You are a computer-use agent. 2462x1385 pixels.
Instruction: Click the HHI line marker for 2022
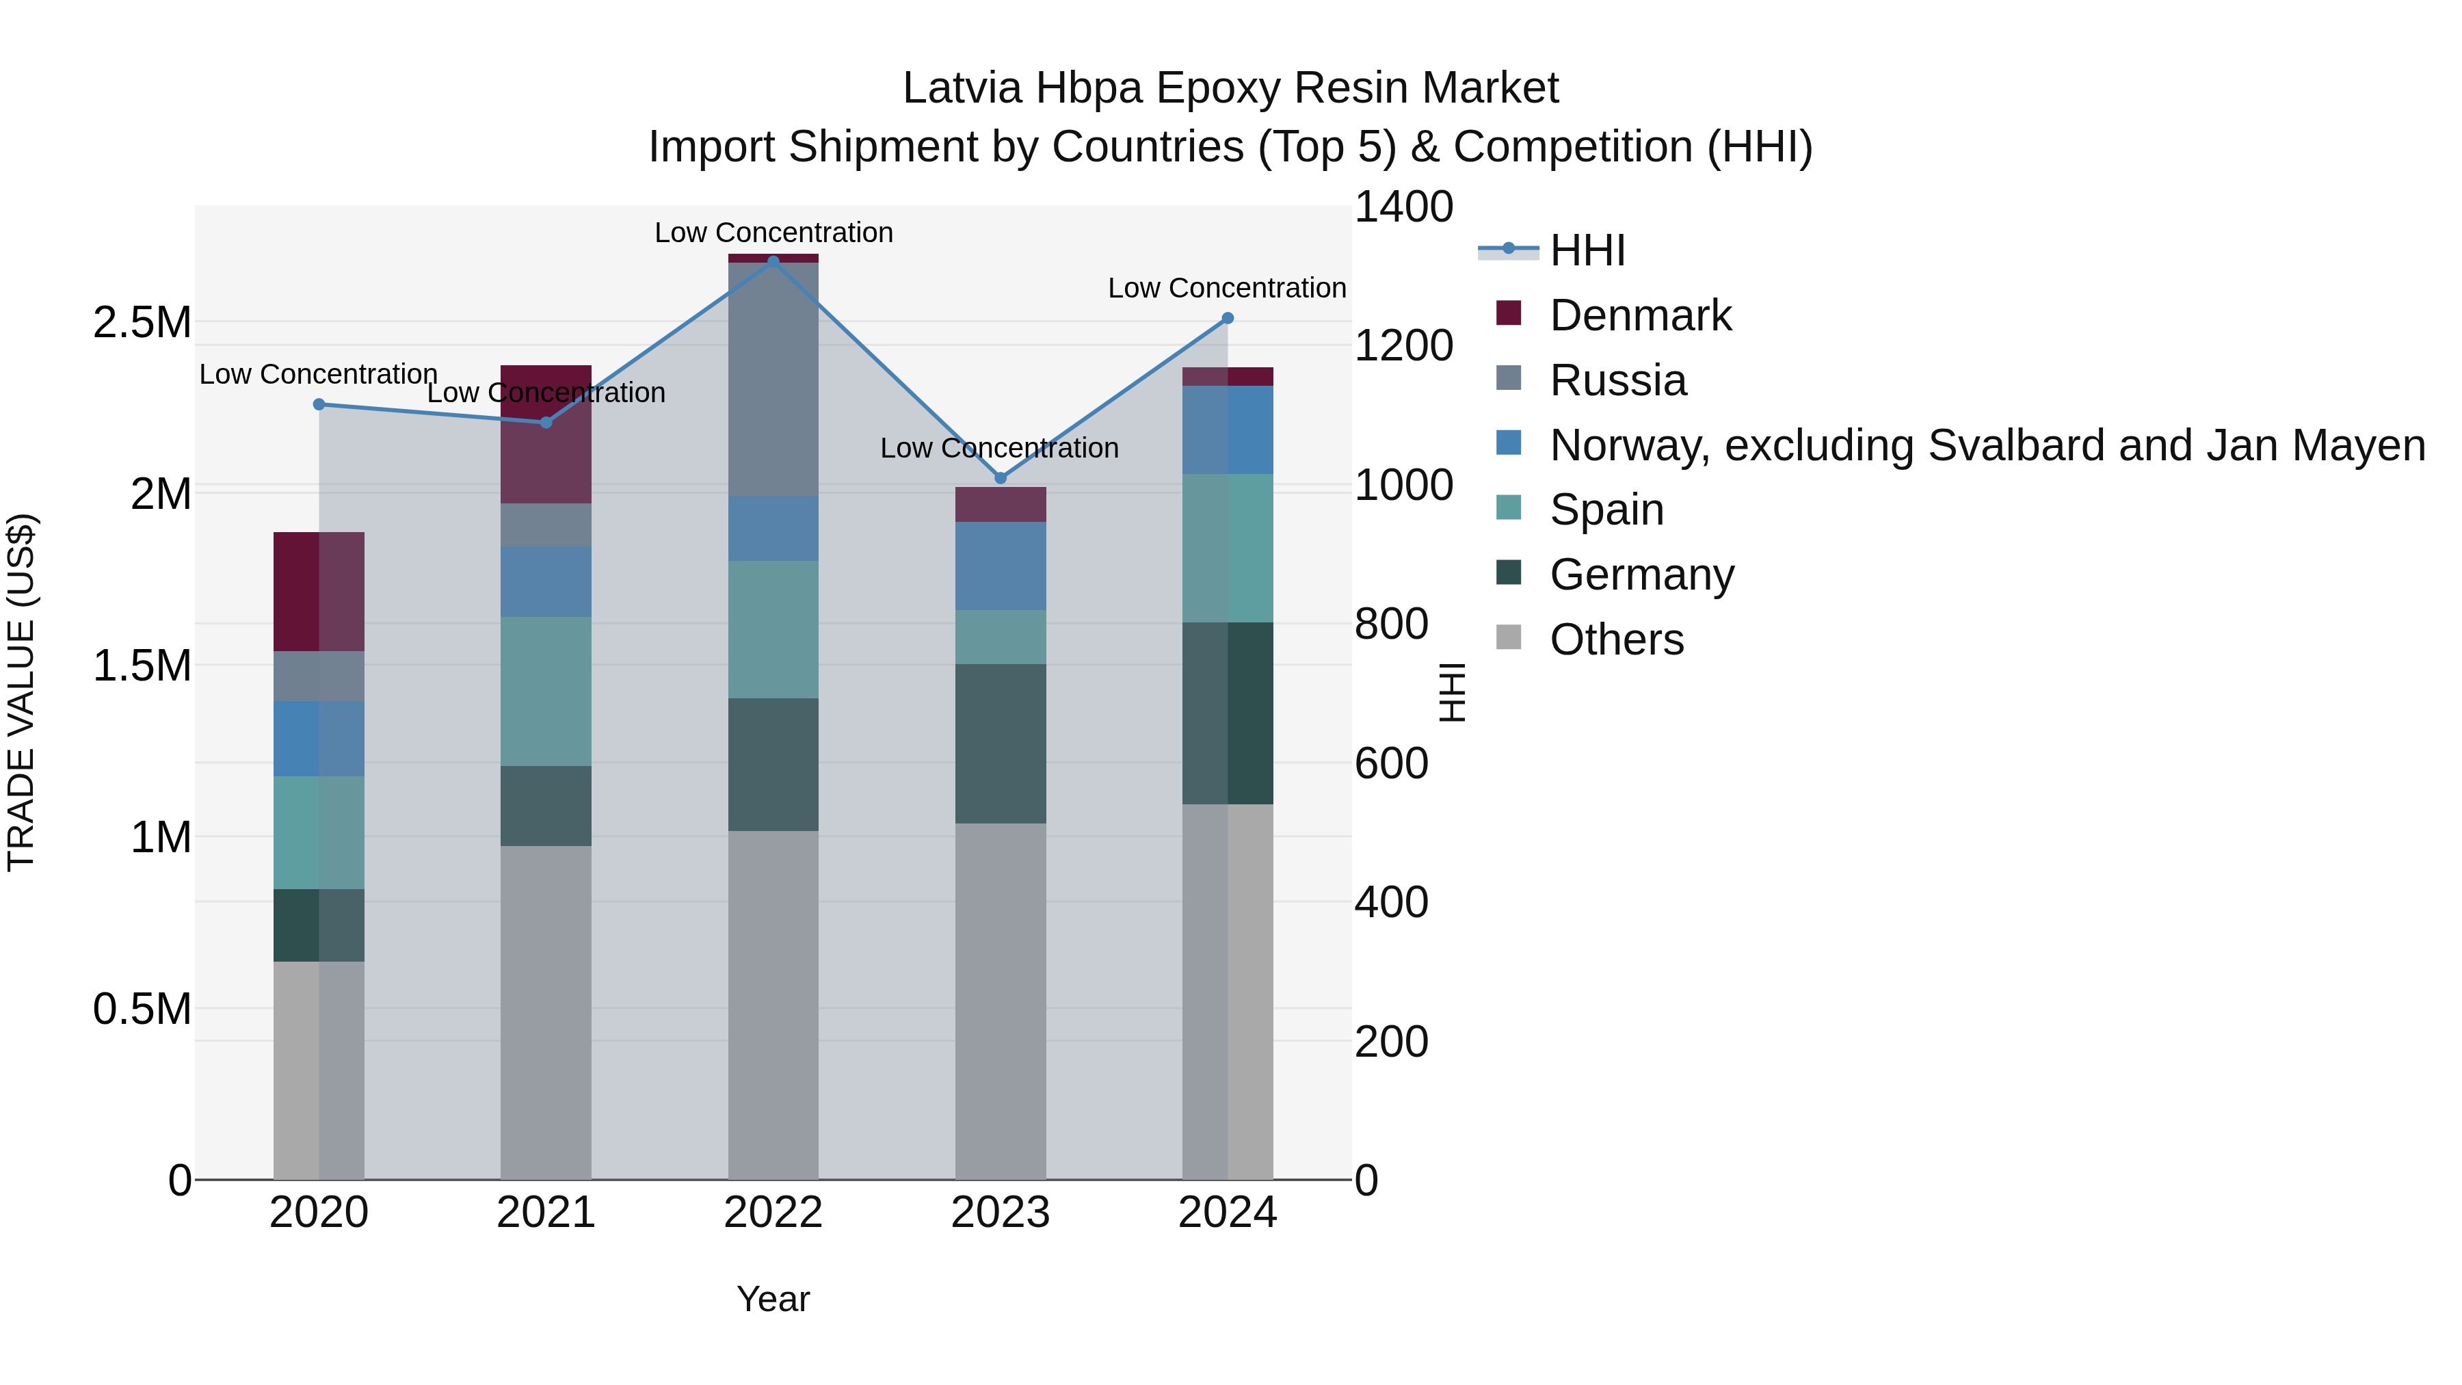pyautogui.click(x=773, y=261)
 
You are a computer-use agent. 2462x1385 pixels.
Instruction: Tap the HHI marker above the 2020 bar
pyautogui.click(x=319, y=404)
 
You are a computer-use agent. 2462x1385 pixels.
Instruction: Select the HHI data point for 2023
pyautogui.click(x=1001, y=478)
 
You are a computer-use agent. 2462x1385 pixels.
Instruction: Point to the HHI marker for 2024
pyautogui.click(x=1228, y=318)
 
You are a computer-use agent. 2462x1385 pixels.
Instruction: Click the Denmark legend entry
pyautogui.click(x=1639, y=315)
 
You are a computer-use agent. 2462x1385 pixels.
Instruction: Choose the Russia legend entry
pyautogui.click(x=1617, y=380)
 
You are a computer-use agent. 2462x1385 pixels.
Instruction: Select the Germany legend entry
pyautogui.click(x=1641, y=575)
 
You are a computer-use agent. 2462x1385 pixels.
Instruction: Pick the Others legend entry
pyautogui.click(x=1616, y=639)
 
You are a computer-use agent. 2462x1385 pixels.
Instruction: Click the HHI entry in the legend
pyautogui.click(x=1587, y=250)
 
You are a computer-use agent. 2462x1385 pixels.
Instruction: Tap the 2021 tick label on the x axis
pyautogui.click(x=546, y=1213)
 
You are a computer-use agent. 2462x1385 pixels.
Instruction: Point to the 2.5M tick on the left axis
pyautogui.click(x=142, y=323)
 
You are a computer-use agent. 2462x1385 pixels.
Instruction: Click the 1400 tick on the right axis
pyautogui.click(x=1403, y=207)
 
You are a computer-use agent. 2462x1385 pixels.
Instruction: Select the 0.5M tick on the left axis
pyautogui.click(x=142, y=1010)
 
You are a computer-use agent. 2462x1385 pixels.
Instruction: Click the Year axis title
pyautogui.click(x=773, y=1299)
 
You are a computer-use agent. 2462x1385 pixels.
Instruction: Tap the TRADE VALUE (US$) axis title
pyautogui.click(x=21, y=692)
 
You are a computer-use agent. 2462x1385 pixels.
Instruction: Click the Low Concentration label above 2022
pyautogui.click(x=773, y=233)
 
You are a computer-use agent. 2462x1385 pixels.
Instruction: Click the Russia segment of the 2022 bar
pyautogui.click(x=773, y=378)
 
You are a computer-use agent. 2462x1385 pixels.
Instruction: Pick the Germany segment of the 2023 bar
pyautogui.click(x=1001, y=743)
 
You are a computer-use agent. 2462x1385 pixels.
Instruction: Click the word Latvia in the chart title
pyautogui.click(x=962, y=88)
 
